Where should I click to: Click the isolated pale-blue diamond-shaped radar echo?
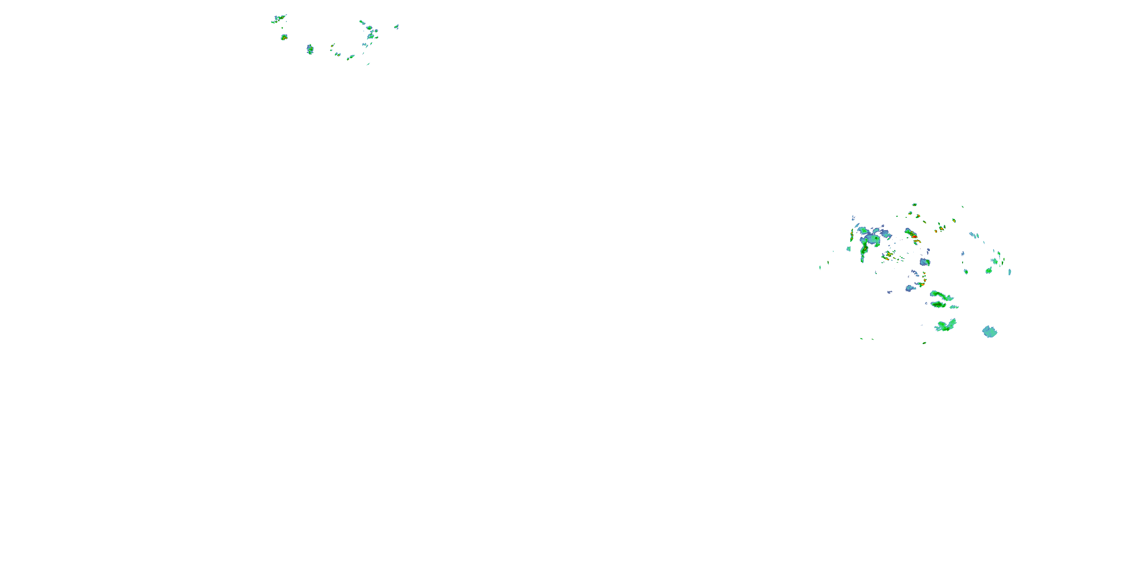990,332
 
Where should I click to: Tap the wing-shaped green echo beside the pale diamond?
946,325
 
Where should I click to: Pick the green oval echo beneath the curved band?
938,304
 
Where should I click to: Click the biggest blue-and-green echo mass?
872,239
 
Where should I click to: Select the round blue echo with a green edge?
924,262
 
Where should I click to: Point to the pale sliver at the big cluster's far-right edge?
1009,272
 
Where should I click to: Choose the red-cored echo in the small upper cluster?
284,37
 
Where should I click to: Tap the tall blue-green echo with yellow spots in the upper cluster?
310,49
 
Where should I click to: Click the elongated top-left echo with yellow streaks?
279,18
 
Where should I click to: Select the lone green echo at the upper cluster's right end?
396,27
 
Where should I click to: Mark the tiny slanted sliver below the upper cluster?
368,64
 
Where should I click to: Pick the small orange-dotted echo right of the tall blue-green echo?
332,45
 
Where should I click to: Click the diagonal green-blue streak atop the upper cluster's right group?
362,22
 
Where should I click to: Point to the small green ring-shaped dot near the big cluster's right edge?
966,271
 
